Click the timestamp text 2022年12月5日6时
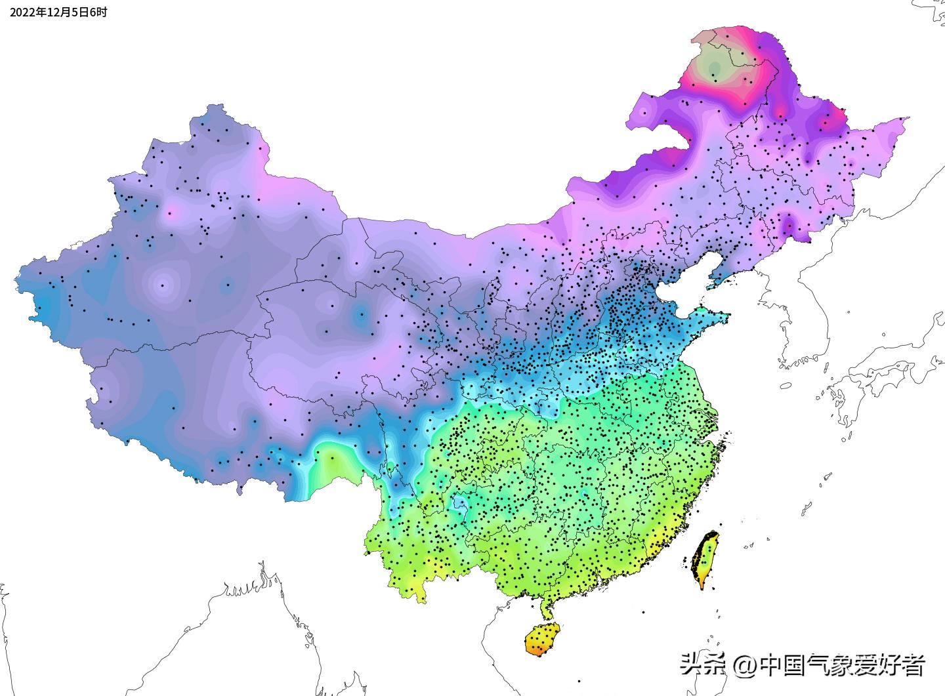(x=58, y=12)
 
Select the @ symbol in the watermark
(x=745, y=666)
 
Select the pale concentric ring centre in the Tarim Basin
(x=163, y=285)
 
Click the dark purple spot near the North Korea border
(x=787, y=226)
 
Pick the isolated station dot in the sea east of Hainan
(x=643, y=612)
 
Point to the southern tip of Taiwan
(x=702, y=588)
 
